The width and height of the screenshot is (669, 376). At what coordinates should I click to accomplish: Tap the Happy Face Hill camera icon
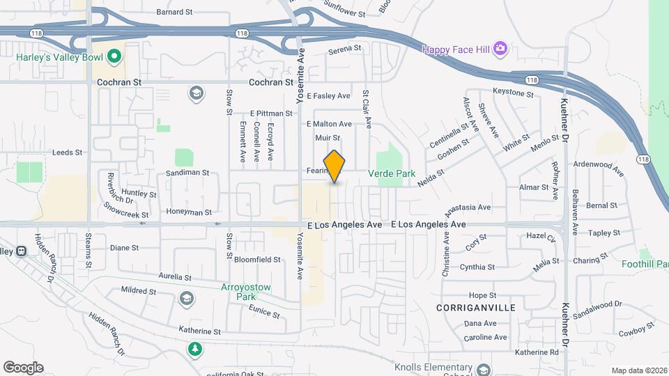(x=500, y=48)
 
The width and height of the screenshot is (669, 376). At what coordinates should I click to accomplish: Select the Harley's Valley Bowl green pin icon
(x=114, y=56)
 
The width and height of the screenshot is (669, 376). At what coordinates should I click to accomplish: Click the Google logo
(x=23, y=367)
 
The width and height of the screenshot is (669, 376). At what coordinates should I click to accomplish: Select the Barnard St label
(x=174, y=12)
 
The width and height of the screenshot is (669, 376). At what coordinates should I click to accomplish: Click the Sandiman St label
(x=187, y=172)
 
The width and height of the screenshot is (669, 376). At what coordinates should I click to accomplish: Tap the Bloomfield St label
(x=257, y=259)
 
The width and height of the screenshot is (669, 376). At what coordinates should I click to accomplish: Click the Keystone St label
(x=513, y=93)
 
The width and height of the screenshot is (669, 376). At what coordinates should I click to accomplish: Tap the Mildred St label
(x=137, y=290)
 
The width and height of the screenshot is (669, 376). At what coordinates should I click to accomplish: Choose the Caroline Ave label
(x=485, y=337)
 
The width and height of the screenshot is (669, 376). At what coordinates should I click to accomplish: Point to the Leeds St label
(x=68, y=152)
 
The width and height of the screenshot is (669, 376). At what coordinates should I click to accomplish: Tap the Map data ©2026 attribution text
(x=639, y=370)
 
